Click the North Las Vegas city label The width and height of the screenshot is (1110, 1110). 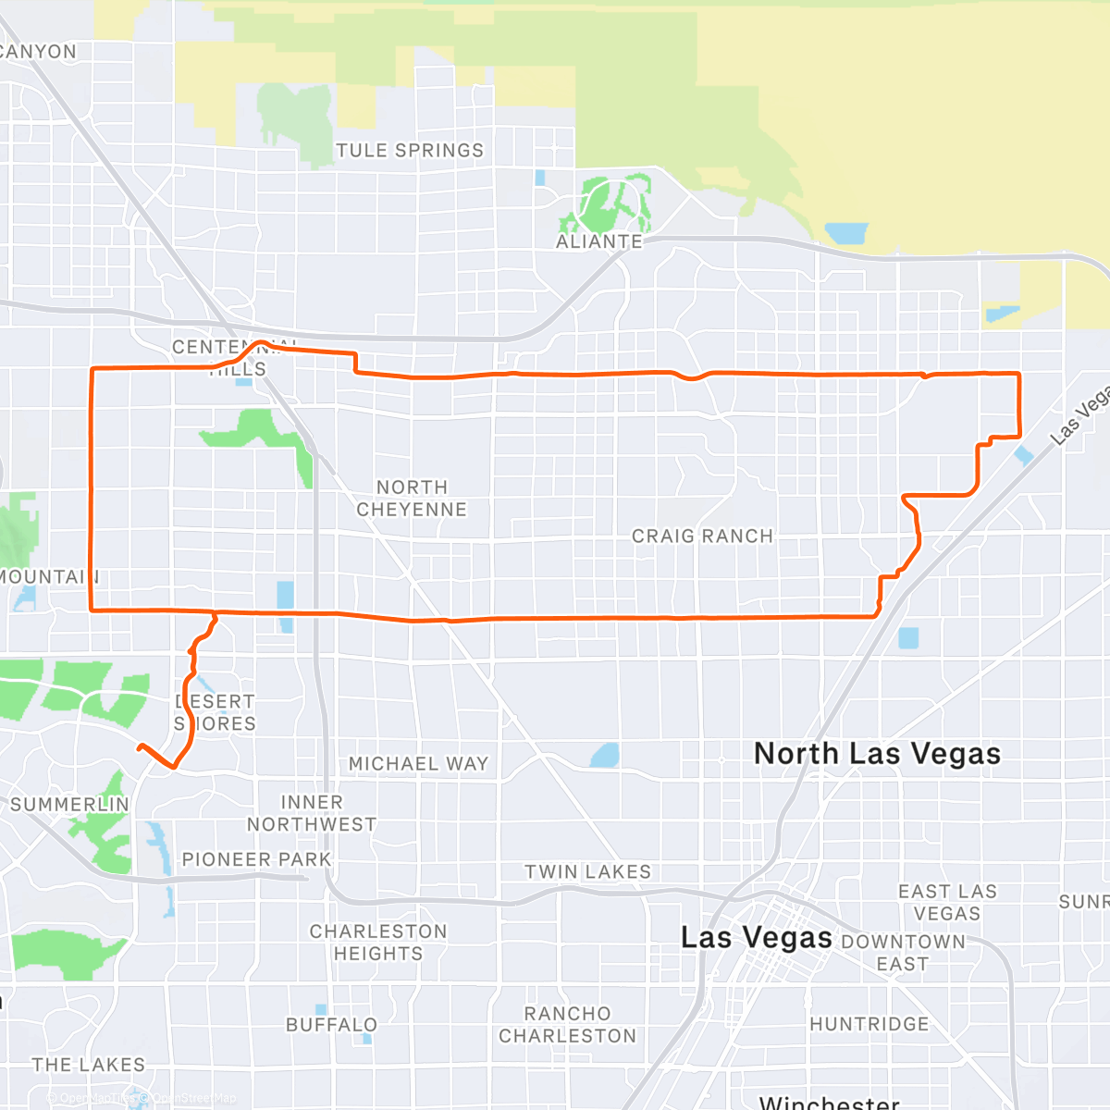(x=877, y=754)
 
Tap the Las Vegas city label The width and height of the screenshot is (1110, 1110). (x=756, y=938)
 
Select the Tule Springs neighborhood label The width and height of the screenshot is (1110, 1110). (x=409, y=151)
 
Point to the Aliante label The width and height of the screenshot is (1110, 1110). (x=598, y=241)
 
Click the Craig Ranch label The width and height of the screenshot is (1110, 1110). (x=702, y=536)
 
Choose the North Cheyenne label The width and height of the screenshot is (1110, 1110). (x=412, y=499)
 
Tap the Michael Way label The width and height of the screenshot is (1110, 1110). (x=418, y=764)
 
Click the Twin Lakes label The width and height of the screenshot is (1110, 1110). (x=587, y=872)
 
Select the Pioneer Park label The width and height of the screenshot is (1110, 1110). (x=256, y=859)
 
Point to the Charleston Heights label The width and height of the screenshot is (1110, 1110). (x=378, y=943)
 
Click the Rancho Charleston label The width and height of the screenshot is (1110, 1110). (x=568, y=1025)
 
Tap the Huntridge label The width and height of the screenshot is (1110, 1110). (x=869, y=1024)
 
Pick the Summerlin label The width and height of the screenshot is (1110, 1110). (x=69, y=805)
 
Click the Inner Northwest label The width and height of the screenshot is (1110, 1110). (x=312, y=813)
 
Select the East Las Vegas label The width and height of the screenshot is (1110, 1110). (x=947, y=902)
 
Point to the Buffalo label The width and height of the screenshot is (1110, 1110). (x=331, y=1025)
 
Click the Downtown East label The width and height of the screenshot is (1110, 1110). (x=903, y=953)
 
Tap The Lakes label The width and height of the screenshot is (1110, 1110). (x=89, y=1065)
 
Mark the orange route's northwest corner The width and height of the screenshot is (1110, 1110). (x=92, y=370)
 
